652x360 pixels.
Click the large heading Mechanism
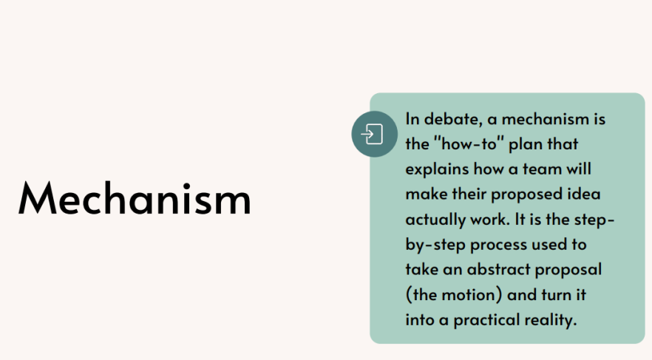[135, 198]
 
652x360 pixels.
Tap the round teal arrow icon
[374, 134]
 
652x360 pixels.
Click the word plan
[526, 145]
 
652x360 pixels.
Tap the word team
[543, 169]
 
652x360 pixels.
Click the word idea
[584, 194]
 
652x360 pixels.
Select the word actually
[435, 220]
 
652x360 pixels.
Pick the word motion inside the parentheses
[469, 295]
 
